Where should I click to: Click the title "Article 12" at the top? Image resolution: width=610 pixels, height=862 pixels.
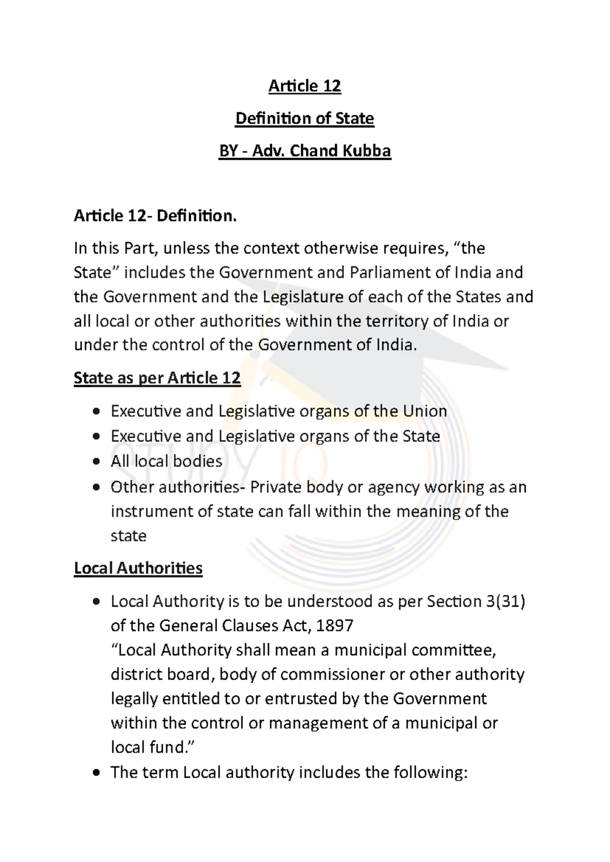[x=304, y=86]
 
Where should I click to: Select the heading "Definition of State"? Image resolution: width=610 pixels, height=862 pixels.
[x=304, y=118]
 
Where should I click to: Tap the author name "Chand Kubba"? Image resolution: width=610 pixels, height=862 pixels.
[x=341, y=151]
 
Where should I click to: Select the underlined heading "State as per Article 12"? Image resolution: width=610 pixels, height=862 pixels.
[x=157, y=378]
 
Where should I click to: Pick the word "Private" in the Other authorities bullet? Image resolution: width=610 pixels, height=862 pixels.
[x=277, y=487]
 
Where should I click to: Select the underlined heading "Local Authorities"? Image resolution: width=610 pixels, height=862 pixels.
[x=138, y=568]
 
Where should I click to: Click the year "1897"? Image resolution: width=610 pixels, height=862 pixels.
[x=334, y=626]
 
